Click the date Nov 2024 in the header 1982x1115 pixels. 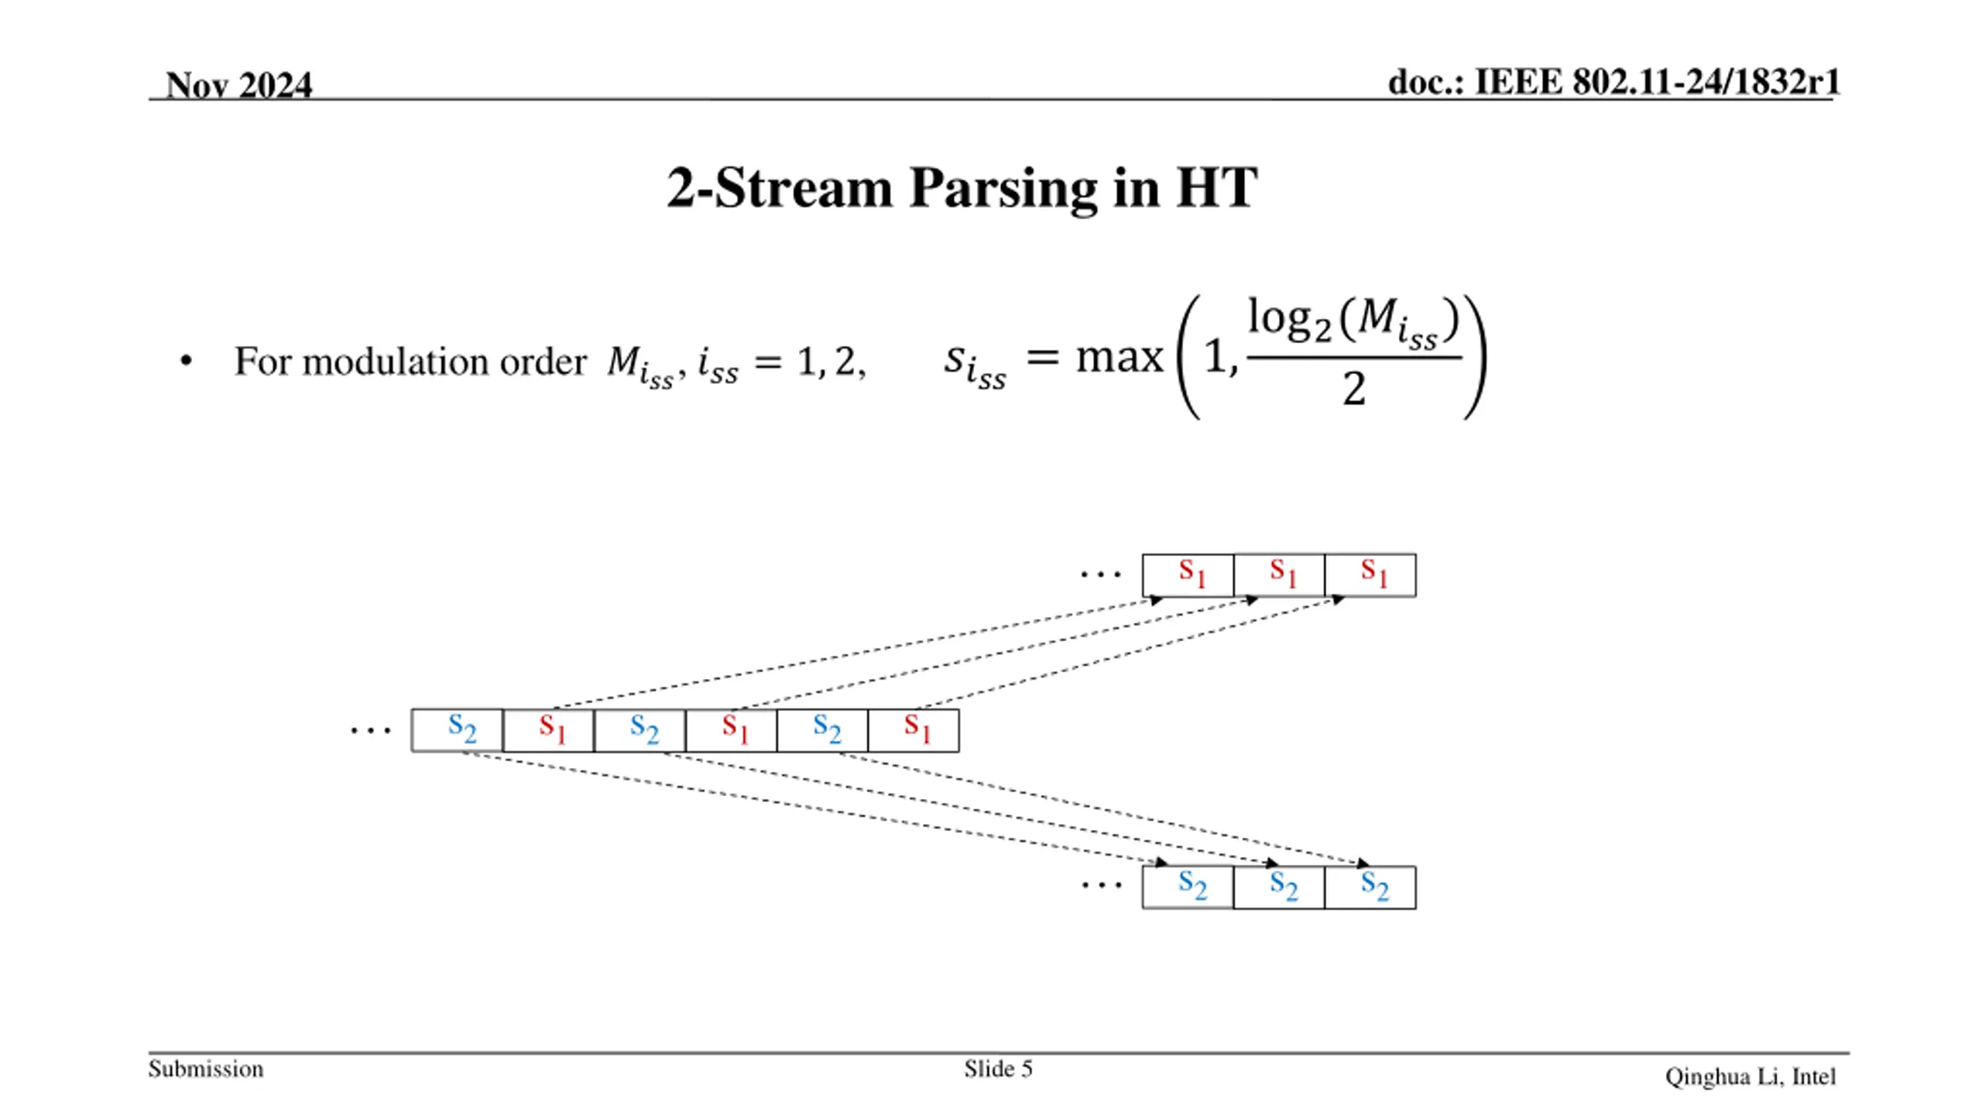click(238, 84)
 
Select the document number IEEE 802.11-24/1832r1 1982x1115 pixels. click(1656, 82)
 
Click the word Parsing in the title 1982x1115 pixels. click(1003, 188)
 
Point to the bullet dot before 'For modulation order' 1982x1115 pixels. click(186, 361)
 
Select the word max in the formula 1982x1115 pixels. click(1120, 358)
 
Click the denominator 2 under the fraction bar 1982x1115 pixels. click(1353, 389)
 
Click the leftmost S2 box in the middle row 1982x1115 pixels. click(458, 730)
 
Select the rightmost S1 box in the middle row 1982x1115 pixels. click(914, 730)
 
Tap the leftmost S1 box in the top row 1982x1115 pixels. click(1188, 575)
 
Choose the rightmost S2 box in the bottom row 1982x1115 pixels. click(1370, 887)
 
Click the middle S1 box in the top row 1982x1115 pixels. click(1279, 575)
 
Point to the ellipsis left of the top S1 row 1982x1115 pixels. click(1100, 575)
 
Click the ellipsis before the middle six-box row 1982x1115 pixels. click(370, 730)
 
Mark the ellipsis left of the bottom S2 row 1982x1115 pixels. click(1101, 885)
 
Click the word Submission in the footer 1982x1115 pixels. click(206, 1069)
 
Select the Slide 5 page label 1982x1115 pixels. click(998, 1069)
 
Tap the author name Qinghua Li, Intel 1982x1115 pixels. click(1751, 1077)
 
